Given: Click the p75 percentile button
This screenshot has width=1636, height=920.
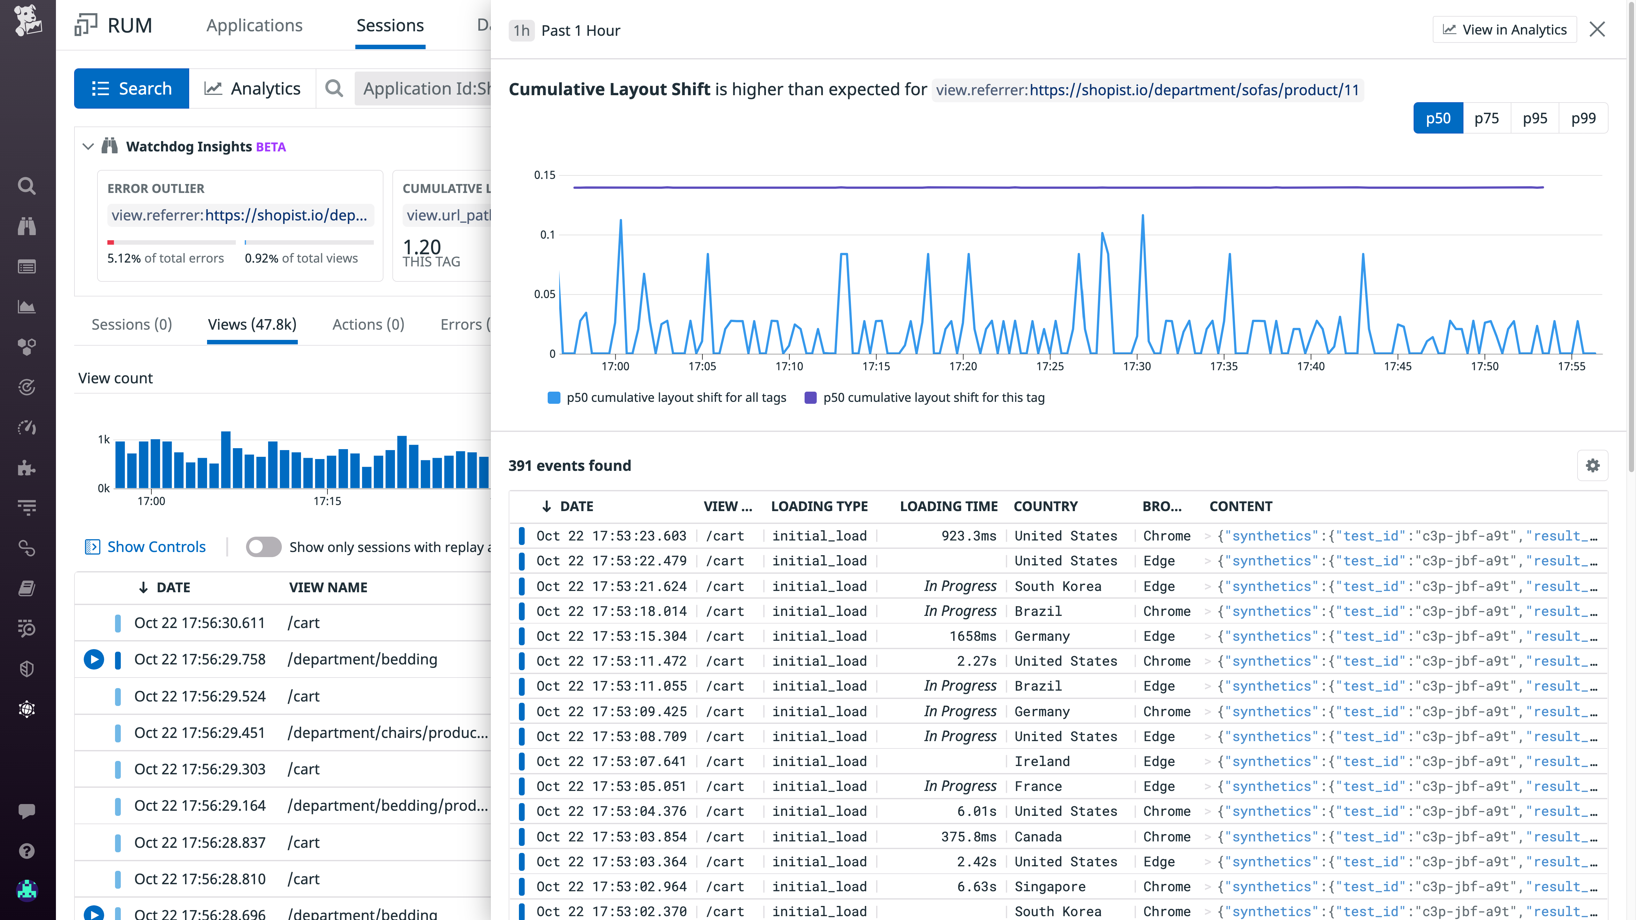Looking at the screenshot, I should [1486, 118].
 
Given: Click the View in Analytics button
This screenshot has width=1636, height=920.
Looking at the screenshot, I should [1505, 30].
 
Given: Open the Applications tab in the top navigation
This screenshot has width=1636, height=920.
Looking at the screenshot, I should [254, 26].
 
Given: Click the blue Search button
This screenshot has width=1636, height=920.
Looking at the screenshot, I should [131, 88].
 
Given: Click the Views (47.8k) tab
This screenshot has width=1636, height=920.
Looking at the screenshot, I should [252, 325].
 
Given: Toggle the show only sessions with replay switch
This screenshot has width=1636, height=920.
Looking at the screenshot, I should [264, 547].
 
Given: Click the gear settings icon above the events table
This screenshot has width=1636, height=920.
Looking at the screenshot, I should [1592, 465].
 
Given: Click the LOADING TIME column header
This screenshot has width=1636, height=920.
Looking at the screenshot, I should [948, 506].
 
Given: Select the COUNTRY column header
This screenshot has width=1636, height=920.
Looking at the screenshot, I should [1046, 506].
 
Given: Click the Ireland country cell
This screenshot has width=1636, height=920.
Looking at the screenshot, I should [1042, 761].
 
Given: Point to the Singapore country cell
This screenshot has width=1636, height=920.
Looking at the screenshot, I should [1050, 886].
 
